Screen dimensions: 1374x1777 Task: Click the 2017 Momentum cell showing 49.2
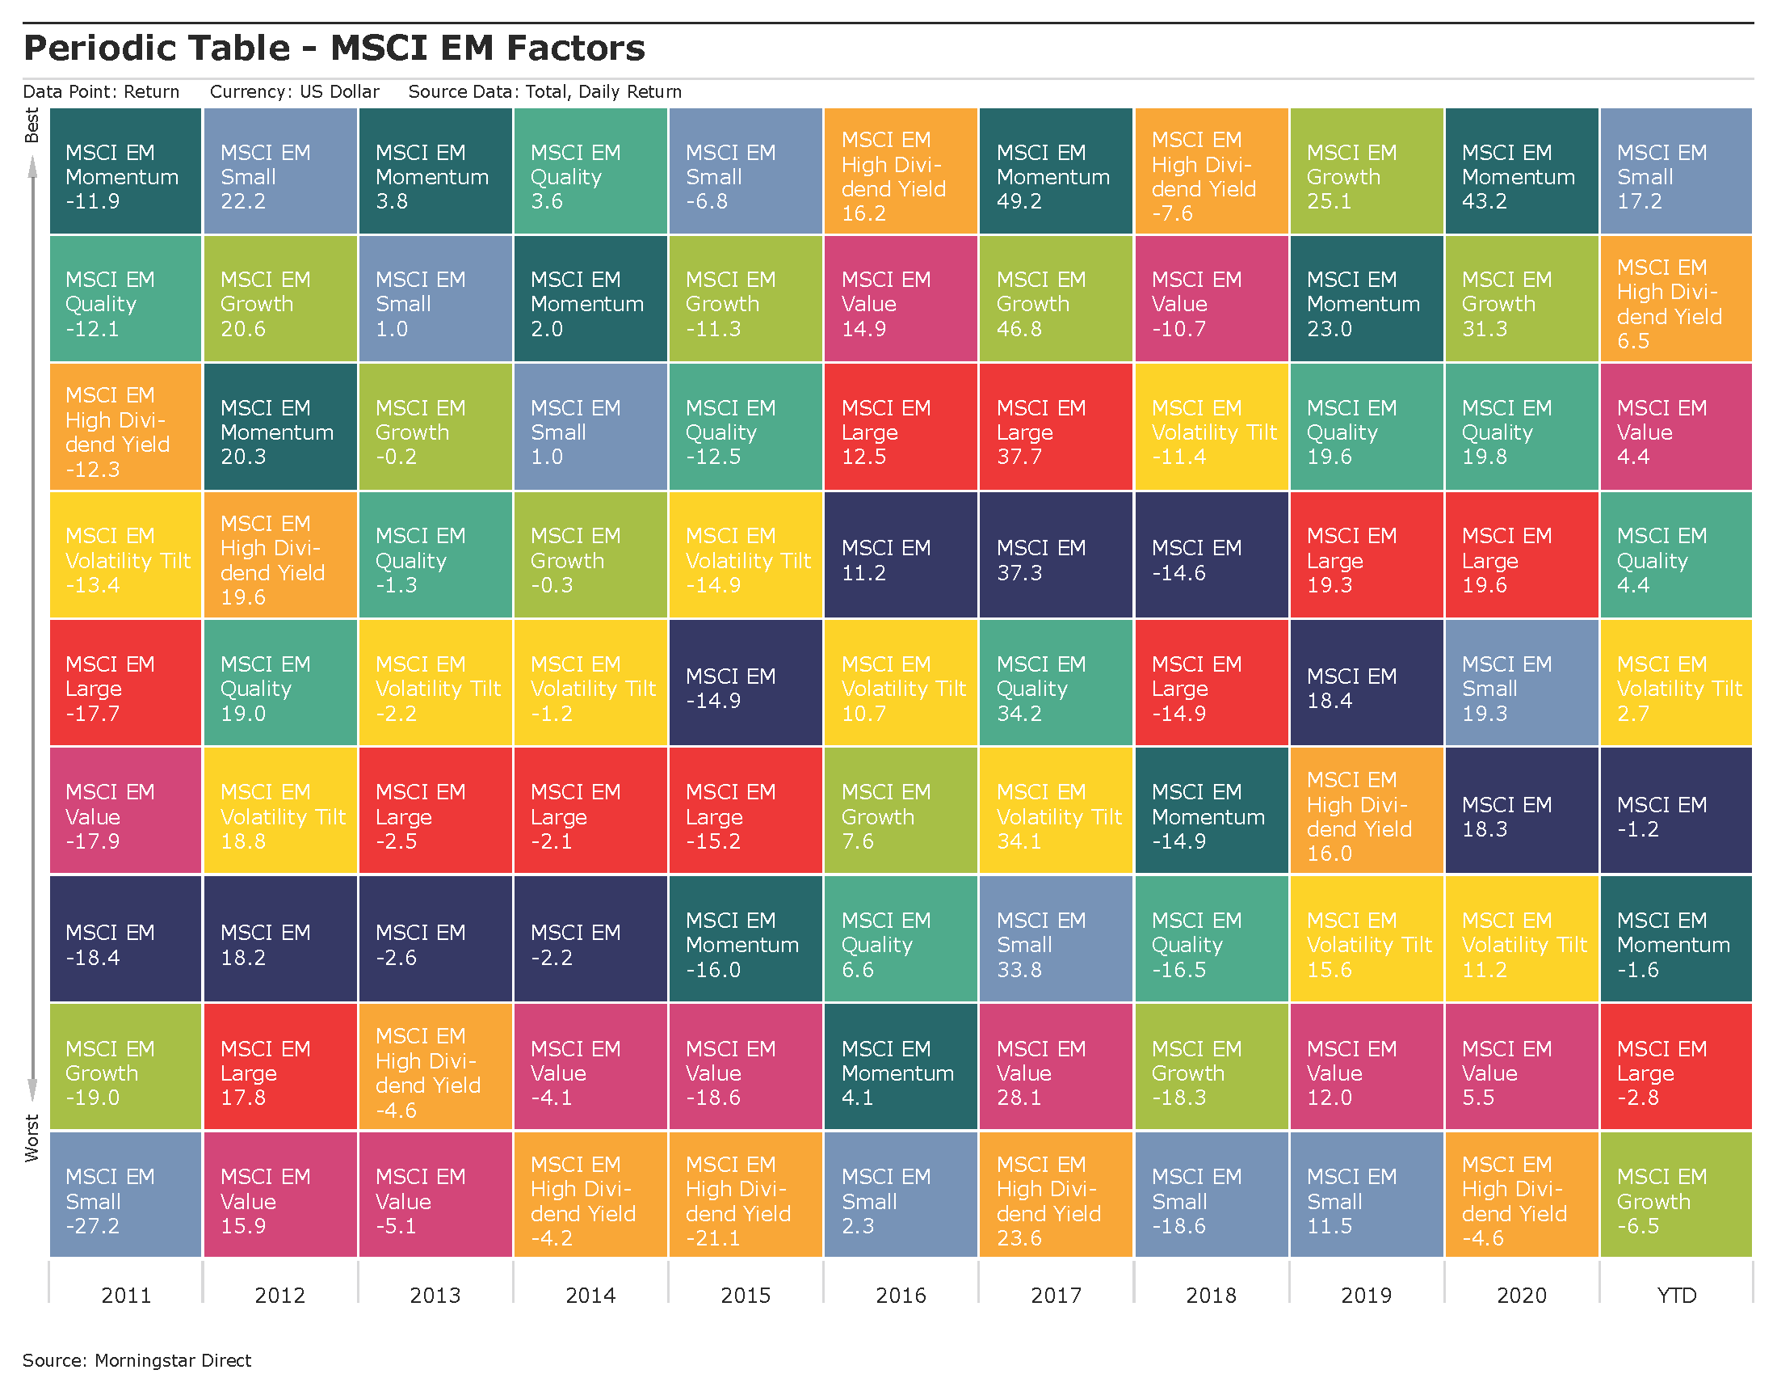(x=1056, y=171)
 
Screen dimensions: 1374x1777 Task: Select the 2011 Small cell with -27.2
(x=125, y=1193)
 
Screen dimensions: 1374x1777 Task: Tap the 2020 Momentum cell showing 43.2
(x=1521, y=171)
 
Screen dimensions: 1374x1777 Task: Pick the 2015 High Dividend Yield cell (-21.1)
(x=746, y=1193)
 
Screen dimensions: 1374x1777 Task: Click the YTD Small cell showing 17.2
(x=1675, y=171)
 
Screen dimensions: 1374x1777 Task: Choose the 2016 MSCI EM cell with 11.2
(x=900, y=555)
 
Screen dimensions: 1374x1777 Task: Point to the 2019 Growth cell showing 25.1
(x=1366, y=171)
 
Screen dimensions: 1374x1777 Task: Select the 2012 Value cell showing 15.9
(x=280, y=1193)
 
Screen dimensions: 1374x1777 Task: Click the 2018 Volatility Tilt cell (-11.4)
(x=1211, y=427)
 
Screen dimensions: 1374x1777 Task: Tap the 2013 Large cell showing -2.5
(x=435, y=810)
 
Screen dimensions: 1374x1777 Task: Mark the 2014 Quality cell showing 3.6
(x=590, y=171)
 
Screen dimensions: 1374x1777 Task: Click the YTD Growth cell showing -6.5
(x=1675, y=1193)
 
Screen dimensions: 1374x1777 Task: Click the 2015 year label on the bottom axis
(x=746, y=1295)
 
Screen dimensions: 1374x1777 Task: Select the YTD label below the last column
(x=1676, y=1295)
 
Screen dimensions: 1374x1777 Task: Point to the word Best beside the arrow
(x=32, y=125)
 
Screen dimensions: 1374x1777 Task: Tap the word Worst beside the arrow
(x=32, y=1137)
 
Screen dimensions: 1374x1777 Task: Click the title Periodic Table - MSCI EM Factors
(x=334, y=48)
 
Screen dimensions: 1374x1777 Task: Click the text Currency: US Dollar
(x=295, y=91)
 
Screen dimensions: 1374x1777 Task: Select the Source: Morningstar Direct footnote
(x=137, y=1360)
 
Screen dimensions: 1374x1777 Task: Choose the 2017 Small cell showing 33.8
(x=1056, y=938)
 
